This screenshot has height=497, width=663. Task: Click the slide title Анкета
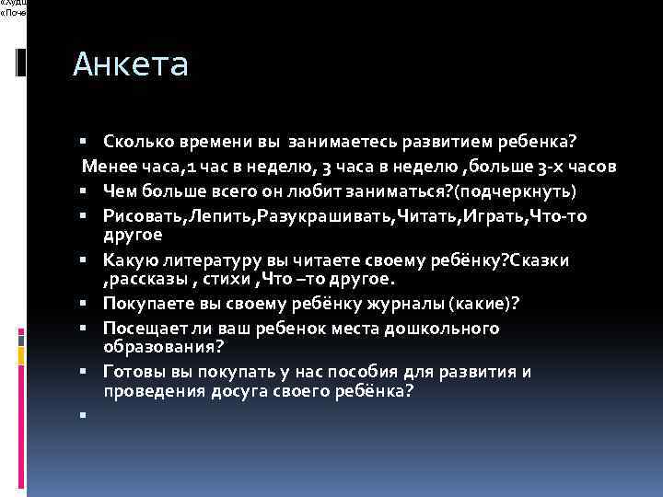tap(130, 64)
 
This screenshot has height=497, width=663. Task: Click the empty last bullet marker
tap(83, 414)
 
